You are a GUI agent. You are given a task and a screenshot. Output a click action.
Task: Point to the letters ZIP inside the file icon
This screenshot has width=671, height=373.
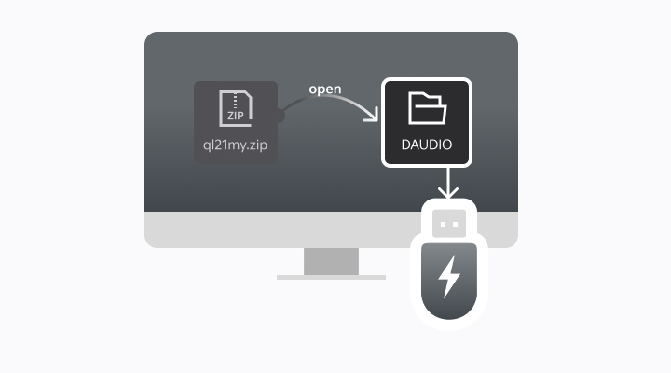tap(235, 117)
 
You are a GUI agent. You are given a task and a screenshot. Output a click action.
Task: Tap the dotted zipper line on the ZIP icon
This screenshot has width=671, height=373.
tap(235, 100)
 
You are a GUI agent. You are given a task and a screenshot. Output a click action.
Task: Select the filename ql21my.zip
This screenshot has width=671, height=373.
tap(236, 145)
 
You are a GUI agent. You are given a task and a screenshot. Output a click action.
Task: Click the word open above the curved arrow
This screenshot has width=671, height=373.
tap(325, 90)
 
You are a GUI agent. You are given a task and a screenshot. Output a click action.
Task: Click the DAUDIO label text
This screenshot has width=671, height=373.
tap(428, 145)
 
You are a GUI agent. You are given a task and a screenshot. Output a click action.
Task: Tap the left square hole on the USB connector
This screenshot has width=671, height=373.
tap(443, 224)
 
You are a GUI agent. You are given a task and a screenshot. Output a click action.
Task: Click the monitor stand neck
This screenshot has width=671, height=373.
tap(331, 261)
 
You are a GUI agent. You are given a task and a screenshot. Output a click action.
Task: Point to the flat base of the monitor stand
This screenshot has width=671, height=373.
tap(331, 277)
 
